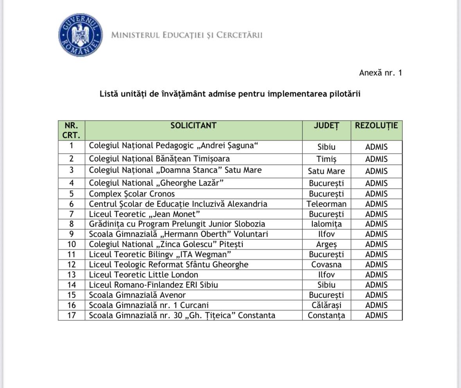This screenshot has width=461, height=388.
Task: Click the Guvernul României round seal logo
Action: [81, 35]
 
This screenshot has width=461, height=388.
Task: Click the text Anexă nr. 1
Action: [380, 73]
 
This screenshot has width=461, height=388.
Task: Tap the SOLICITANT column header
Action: [193, 126]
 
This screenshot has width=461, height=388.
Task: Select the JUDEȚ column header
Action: [326, 126]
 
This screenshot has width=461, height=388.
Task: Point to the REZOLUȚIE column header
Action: [376, 126]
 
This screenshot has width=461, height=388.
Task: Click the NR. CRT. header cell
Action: [72, 131]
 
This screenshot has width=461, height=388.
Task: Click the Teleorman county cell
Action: [326, 204]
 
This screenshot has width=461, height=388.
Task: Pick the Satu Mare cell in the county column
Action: [326, 171]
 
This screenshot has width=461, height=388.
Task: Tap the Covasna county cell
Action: [326, 265]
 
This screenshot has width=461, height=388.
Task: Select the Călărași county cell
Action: [326, 305]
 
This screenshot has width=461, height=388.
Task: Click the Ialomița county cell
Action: [326, 224]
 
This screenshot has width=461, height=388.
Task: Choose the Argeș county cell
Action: [326, 244]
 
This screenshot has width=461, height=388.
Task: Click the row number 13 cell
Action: [72, 275]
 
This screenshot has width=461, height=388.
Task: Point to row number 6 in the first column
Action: [72, 204]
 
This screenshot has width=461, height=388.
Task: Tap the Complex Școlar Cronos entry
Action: [132, 194]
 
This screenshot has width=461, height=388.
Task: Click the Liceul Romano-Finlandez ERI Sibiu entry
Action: [153, 285]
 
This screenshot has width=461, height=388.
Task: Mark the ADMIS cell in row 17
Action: [376, 315]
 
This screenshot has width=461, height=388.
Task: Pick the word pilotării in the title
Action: [344, 94]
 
